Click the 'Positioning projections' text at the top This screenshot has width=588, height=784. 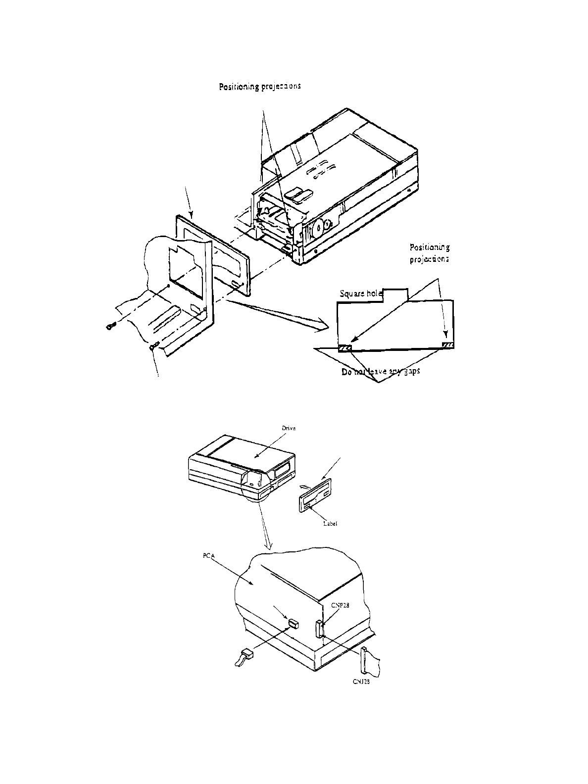(x=260, y=87)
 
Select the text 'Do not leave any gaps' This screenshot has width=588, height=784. (x=381, y=372)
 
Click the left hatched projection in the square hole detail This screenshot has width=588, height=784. (x=345, y=348)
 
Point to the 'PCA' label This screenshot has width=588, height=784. (x=208, y=557)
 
